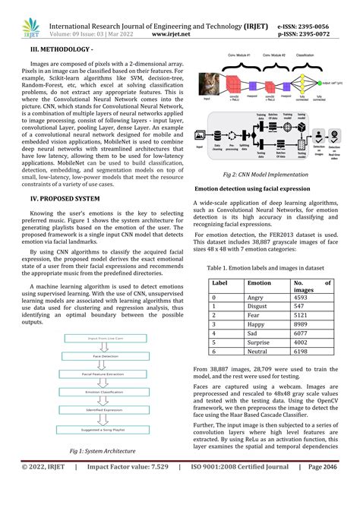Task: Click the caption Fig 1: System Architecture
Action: pos(99,473)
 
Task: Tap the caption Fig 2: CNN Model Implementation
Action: pos(264,174)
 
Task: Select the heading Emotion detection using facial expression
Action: pos(254,188)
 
